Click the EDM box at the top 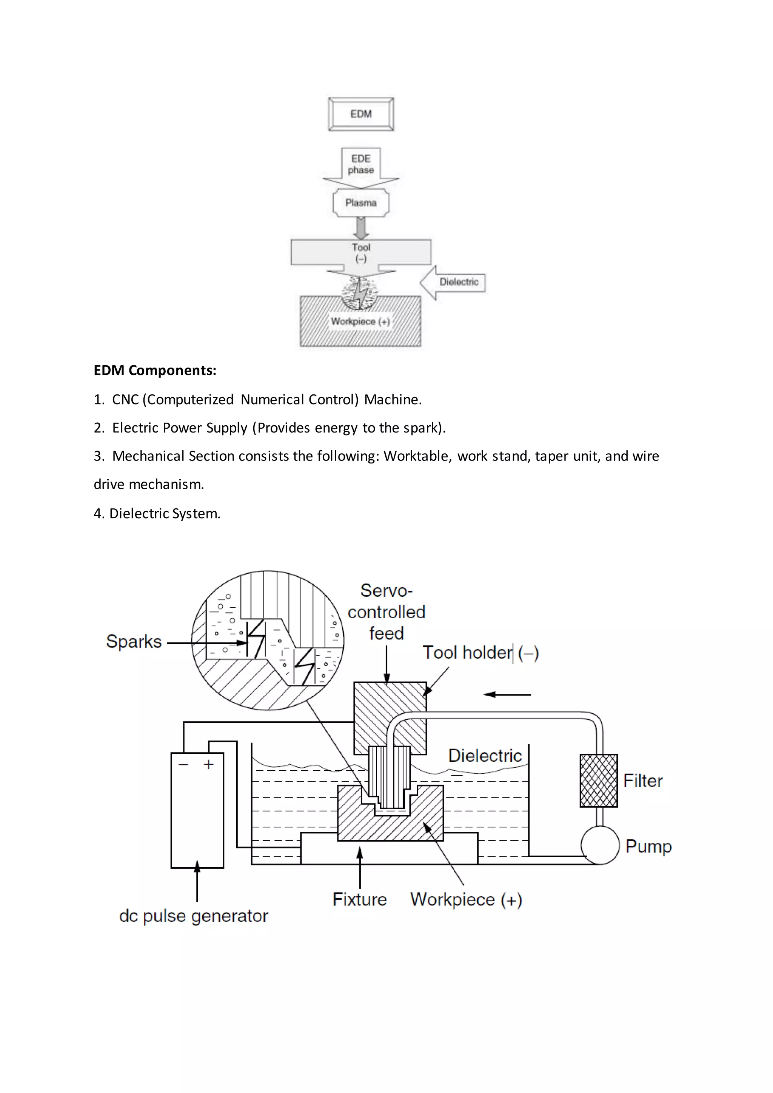coord(361,114)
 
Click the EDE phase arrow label coord(361,164)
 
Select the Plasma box coord(361,203)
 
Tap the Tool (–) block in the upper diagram coord(361,253)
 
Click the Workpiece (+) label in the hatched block coord(360,321)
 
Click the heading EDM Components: coord(155,370)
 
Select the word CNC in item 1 coord(125,399)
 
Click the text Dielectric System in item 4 coord(164,514)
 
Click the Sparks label coord(134,642)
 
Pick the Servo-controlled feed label coord(386,612)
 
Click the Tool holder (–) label coord(480,653)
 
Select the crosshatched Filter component coord(598,781)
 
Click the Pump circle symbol coord(600,845)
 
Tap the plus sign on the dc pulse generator coord(208,765)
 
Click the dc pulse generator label coord(193,916)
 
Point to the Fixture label coord(359,899)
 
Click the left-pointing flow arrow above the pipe coord(507,694)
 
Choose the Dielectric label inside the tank coord(485,756)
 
